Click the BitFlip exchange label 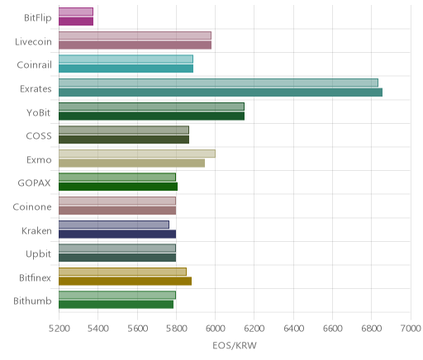tap(38, 18)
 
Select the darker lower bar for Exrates tap(221, 92)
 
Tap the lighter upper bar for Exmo tap(137, 154)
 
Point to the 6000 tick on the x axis tap(215, 329)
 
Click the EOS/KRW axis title tap(235, 345)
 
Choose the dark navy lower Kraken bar tap(117, 234)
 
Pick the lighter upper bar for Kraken tap(114, 225)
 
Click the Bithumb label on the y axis tap(32, 301)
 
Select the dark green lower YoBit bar tap(151, 116)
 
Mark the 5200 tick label tap(59, 329)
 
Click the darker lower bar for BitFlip tap(76, 21)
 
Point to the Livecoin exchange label tap(33, 42)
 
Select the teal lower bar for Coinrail tap(126, 69)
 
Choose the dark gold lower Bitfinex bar tap(125, 281)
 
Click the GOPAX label tap(34, 183)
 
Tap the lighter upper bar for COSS tap(124, 130)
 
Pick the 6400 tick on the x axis tap(293, 329)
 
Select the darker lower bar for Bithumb tap(116, 305)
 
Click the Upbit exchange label tap(38, 254)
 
